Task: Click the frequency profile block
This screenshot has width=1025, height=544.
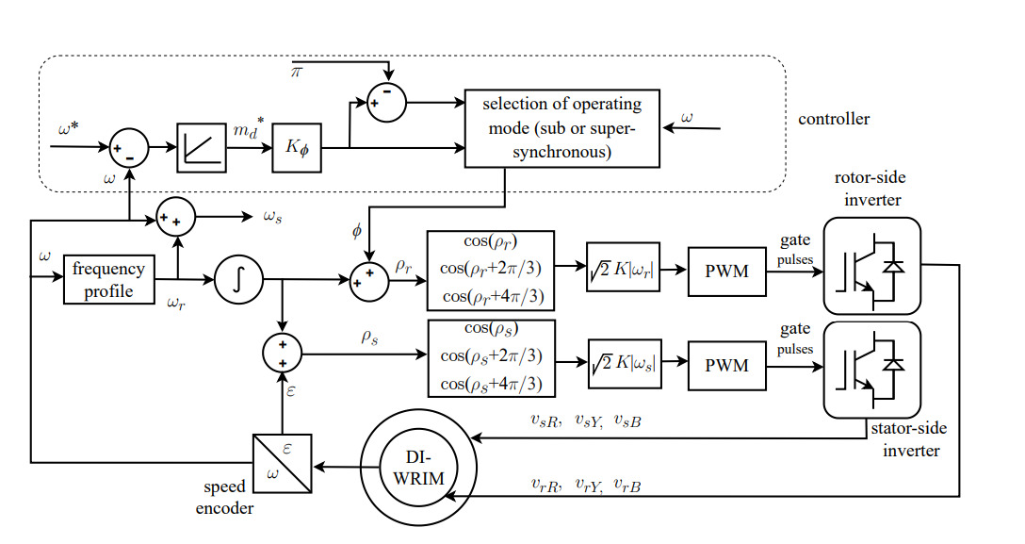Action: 109,278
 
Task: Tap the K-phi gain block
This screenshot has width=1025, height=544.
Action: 298,148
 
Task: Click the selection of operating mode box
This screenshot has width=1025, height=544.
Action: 561,127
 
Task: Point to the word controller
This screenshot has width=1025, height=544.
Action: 834,119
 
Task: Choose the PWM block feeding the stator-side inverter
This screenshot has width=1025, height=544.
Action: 726,364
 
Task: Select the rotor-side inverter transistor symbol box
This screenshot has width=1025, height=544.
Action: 871,266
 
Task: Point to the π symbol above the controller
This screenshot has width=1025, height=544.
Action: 296,73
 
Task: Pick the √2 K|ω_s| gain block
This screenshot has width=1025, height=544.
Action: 622,364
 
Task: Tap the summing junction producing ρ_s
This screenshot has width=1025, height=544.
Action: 282,354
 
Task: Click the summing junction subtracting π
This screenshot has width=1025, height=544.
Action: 385,102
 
